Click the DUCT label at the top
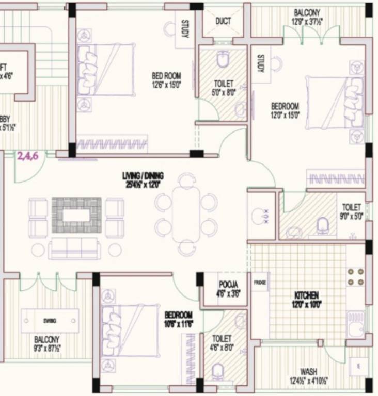(x=223, y=21)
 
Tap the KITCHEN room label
(x=306, y=295)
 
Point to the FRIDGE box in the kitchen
(x=260, y=283)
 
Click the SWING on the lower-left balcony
(x=50, y=321)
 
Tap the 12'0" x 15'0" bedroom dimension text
(x=286, y=115)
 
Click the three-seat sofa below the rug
(x=74, y=249)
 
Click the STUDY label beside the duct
(x=185, y=29)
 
